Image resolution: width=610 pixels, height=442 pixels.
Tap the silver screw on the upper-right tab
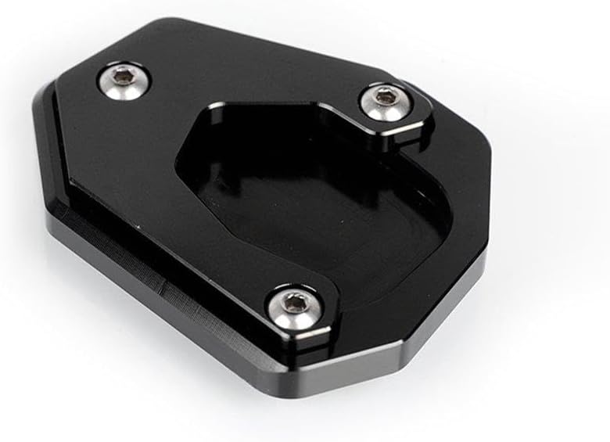pos(382,100)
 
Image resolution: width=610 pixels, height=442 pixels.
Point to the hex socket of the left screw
pos(123,75)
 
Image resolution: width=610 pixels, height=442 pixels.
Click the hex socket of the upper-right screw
pos(382,96)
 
